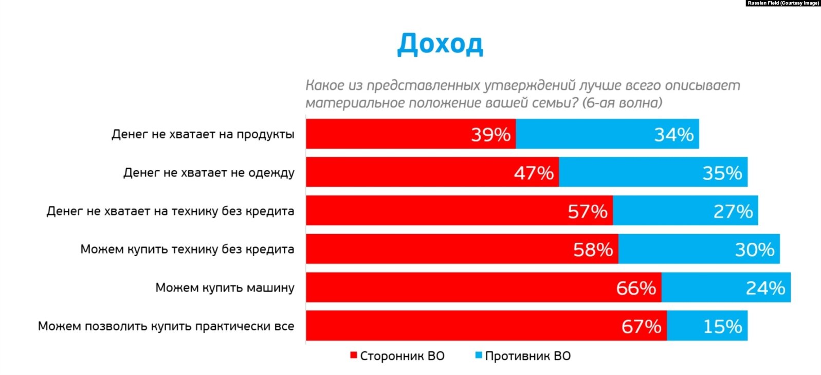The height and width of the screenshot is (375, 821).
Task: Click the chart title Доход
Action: click(440, 44)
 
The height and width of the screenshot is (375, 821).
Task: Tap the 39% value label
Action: click(490, 135)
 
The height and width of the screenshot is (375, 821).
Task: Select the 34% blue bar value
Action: click(673, 135)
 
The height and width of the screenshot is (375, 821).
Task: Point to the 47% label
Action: click(534, 173)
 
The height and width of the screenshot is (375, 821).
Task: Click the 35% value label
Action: click(722, 173)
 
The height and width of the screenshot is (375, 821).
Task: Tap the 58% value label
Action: click(593, 249)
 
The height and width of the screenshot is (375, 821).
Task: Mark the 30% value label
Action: click(754, 249)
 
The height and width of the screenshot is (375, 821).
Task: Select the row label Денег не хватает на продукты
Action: click(203, 135)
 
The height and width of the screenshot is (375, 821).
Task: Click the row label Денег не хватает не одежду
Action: click(209, 173)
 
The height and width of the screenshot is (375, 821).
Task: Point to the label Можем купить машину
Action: click(225, 288)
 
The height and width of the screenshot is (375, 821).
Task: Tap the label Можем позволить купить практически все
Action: click(166, 326)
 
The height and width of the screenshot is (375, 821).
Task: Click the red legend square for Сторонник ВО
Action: click(354, 355)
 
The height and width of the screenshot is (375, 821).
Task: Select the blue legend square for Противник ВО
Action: click(479, 355)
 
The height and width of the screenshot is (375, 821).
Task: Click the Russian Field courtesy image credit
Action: click(783, 3)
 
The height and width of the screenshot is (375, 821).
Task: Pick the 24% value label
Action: click(765, 288)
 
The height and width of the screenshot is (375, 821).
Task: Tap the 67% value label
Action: click(641, 326)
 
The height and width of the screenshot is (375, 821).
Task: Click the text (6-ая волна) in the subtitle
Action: click(622, 103)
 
